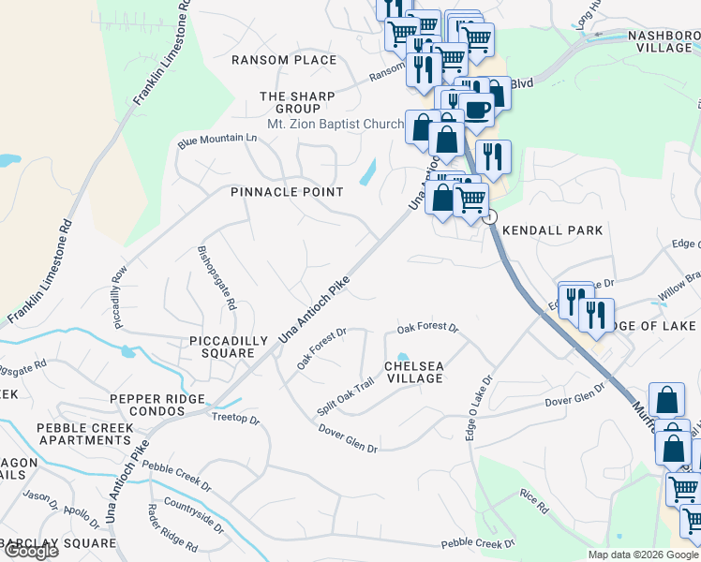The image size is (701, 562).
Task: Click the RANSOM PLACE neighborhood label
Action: tap(284, 60)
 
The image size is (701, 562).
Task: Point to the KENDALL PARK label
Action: tap(552, 229)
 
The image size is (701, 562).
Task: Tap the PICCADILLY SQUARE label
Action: tap(221, 347)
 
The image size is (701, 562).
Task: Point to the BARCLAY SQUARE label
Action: tap(58, 543)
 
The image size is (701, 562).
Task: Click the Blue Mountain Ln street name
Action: tap(216, 140)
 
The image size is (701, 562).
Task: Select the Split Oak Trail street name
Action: tap(345, 397)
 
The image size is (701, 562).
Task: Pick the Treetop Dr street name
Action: tap(235, 419)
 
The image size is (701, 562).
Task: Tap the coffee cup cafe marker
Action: tap(476, 109)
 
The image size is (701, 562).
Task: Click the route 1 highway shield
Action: tap(490, 216)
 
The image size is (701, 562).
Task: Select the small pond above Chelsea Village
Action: tap(402, 357)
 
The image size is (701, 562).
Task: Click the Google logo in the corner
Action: tap(30, 551)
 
